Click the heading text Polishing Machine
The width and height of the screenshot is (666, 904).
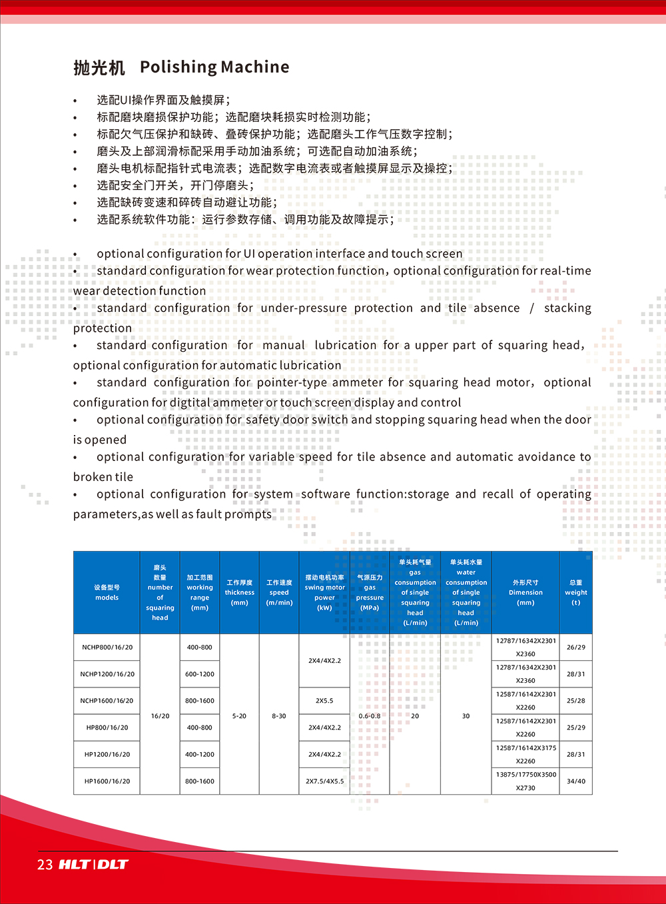214,67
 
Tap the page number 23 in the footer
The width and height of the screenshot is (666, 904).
45,865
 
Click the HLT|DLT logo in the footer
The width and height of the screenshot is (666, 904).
93,865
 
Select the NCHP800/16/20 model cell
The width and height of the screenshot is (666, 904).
107,648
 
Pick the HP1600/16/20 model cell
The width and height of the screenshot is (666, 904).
107,781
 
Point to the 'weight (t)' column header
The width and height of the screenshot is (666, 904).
576,592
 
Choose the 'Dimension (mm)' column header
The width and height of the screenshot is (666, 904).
525,592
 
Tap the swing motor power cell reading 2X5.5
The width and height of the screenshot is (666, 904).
324,701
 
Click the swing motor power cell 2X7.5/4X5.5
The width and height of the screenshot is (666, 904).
324,781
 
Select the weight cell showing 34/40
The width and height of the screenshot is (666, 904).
576,781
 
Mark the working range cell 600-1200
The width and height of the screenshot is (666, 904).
200,674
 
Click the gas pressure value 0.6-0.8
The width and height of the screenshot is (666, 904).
370,716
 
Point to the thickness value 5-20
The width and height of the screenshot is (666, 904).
239,716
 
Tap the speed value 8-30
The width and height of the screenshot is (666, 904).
279,716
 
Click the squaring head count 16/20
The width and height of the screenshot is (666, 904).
160,716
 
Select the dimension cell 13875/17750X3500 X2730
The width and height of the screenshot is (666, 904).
525,781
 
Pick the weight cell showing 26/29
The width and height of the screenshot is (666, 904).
576,648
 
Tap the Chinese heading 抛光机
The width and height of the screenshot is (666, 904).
99,68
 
